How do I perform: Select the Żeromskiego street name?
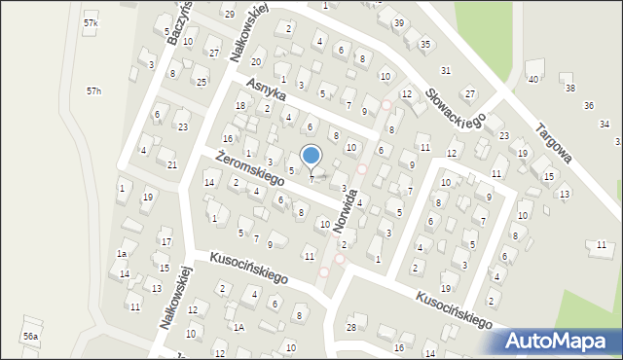pyautogui.click(x=249, y=168)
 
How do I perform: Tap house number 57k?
pyautogui.click(x=91, y=22)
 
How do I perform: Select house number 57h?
pyautogui.click(x=93, y=90)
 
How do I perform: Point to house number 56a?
pyautogui.click(x=31, y=336)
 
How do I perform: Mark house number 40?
pyautogui.click(x=532, y=79)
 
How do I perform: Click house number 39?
pyautogui.click(x=398, y=22)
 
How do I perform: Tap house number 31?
pyautogui.click(x=446, y=71)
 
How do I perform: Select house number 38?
pyautogui.click(x=569, y=89)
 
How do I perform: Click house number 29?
pyautogui.click(x=229, y=15)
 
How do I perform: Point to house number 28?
pyautogui.click(x=351, y=328)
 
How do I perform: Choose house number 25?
pyautogui.click(x=202, y=82)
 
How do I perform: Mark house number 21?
pyautogui.click(x=171, y=165)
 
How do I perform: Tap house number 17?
pyautogui.click(x=165, y=242)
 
